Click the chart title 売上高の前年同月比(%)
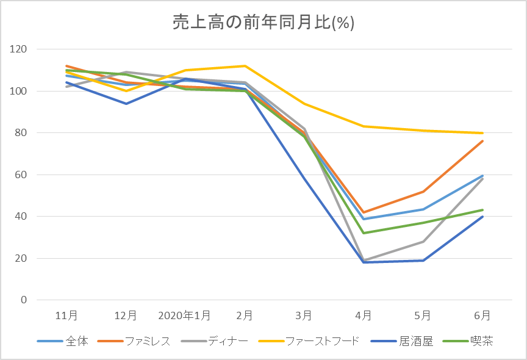pos(263,23)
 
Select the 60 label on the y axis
pos(23,175)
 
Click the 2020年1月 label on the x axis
pos(184,316)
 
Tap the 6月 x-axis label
pos(482,316)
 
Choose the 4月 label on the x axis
pos(364,316)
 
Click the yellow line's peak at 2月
pos(245,66)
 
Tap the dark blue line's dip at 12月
pos(126,104)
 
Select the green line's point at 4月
pos(364,233)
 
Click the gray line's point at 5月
pos(423,242)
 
